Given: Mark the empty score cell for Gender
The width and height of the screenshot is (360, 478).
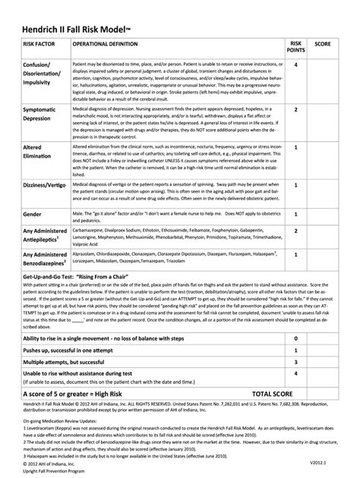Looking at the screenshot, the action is (x=321, y=215).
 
